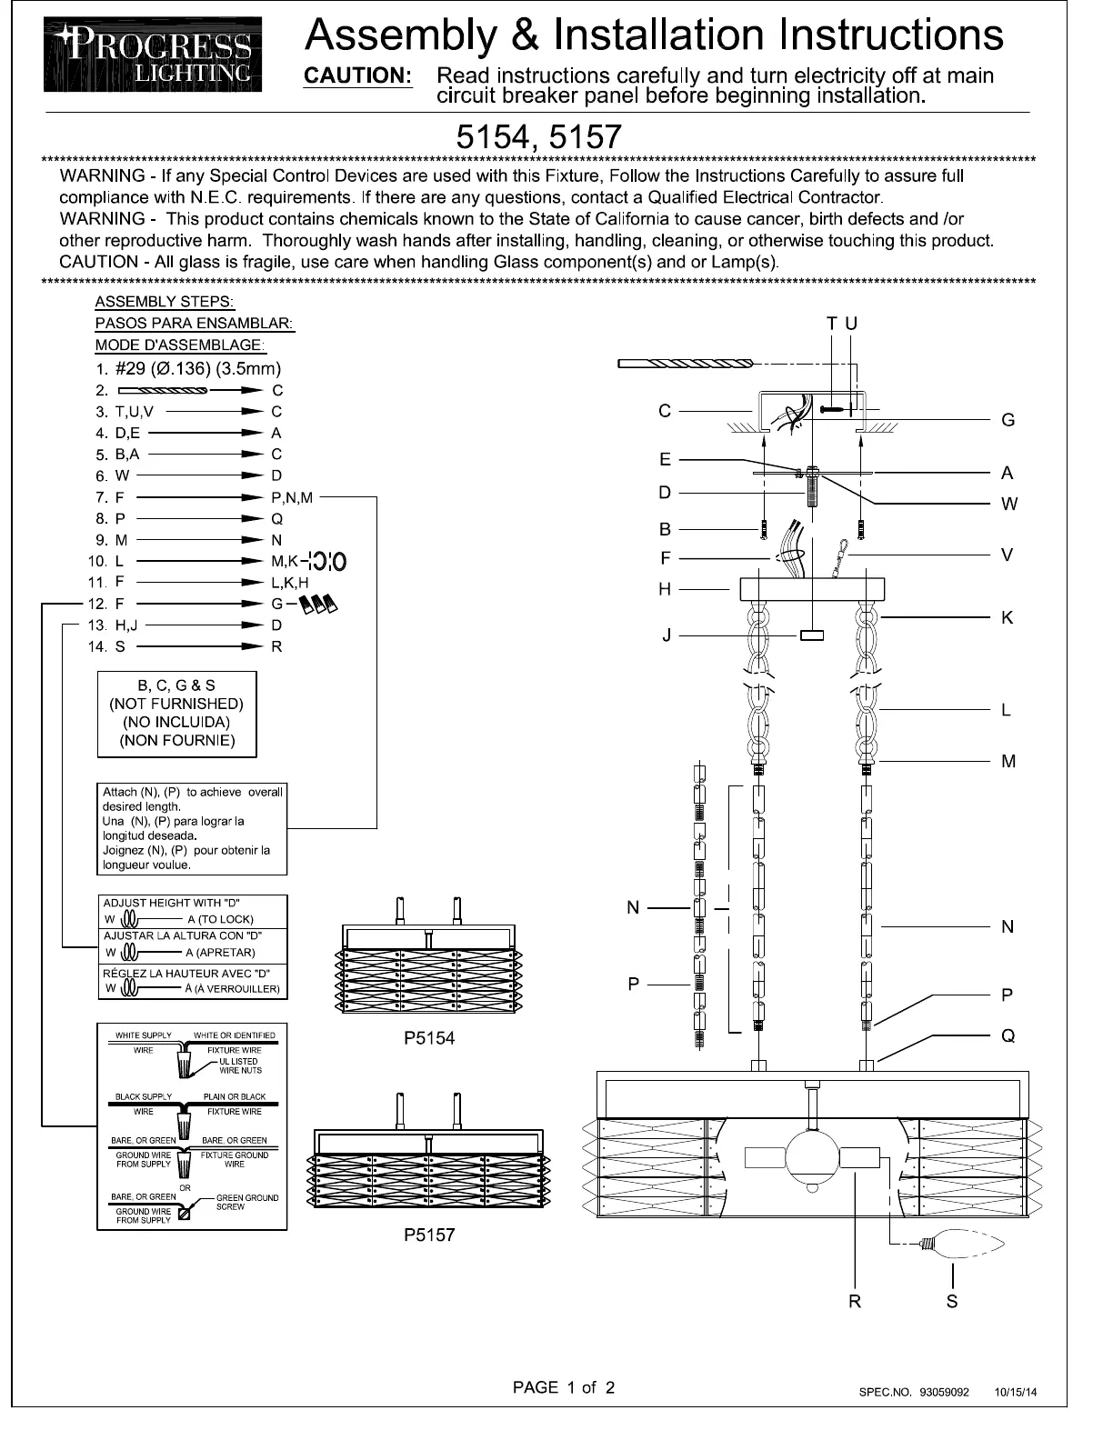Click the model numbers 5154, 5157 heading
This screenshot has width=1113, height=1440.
538,137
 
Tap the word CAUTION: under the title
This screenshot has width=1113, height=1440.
357,76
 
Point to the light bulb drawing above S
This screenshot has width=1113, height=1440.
963,1244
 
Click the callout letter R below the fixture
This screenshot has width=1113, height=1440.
855,1301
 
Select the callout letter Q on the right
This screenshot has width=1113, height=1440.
1008,1035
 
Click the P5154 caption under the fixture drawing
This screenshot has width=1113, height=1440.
428,1038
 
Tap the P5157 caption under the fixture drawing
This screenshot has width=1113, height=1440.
428,1235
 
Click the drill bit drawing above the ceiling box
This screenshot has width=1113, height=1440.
686,364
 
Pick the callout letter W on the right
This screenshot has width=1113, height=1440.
1008,504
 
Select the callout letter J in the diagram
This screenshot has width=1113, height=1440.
667,635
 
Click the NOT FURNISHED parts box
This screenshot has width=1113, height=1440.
177,714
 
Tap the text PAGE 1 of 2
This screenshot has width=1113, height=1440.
564,1387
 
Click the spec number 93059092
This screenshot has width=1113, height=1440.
944,1392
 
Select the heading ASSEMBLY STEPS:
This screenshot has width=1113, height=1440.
165,302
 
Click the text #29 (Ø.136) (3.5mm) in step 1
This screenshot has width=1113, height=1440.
198,368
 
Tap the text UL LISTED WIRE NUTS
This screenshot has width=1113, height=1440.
239,1065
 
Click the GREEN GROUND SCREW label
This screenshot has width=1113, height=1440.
246,1202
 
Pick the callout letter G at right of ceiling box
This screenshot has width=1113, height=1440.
1008,420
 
